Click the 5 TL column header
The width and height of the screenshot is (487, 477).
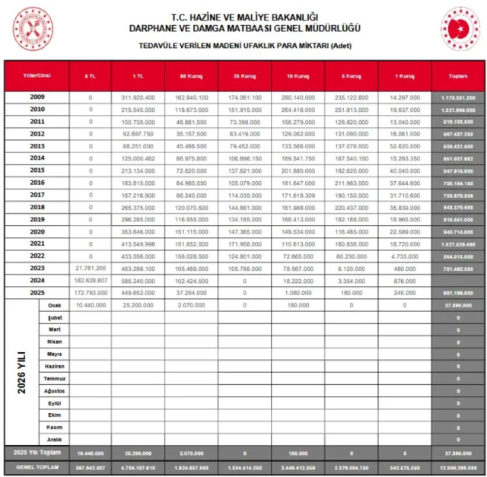pos(90,77)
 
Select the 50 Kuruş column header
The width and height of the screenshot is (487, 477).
pos(191,77)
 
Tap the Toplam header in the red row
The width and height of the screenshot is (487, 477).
pos(457,77)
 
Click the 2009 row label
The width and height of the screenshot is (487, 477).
pos(37,97)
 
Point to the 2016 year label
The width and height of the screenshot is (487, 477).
pos(37,183)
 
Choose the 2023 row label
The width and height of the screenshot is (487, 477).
pos(37,268)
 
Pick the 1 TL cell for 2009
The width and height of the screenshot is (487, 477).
pos(138,98)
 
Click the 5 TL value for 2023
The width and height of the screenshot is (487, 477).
pos(90,269)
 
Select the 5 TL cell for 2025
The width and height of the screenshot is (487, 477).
pos(90,293)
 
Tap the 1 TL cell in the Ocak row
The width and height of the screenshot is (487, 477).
pos(138,305)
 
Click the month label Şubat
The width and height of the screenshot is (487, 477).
pos(54,317)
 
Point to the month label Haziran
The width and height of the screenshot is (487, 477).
pos(54,366)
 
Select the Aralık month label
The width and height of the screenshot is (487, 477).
pos(54,439)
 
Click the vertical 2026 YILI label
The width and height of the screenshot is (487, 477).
pos(21,372)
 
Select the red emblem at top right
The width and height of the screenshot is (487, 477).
pos(460,28)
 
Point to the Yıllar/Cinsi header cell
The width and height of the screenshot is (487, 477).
pos(37,77)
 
